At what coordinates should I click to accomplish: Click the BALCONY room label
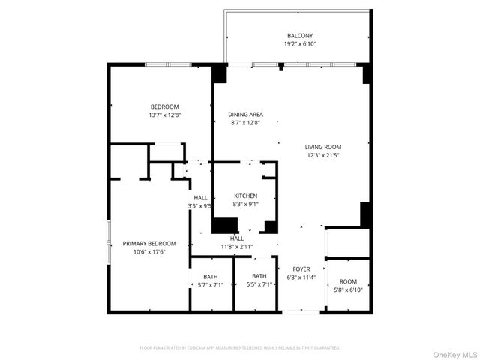pyautogui.click(x=299, y=36)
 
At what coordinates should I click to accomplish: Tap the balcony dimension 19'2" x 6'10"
pyautogui.click(x=299, y=44)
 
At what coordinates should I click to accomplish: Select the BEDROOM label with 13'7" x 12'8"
pyautogui.click(x=165, y=106)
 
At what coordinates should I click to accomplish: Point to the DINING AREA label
pyautogui.click(x=245, y=114)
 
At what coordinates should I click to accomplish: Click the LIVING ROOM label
pyautogui.click(x=323, y=147)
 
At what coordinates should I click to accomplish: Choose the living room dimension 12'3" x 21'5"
pyautogui.click(x=323, y=155)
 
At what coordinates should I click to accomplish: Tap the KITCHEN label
pyautogui.click(x=245, y=196)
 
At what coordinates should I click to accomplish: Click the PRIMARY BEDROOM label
pyautogui.click(x=149, y=243)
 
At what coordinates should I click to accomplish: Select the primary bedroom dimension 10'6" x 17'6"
pyautogui.click(x=149, y=251)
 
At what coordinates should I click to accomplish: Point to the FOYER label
pyautogui.click(x=301, y=268)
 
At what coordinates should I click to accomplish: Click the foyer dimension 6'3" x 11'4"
pyautogui.click(x=301, y=277)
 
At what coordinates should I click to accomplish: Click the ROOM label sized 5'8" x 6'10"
pyautogui.click(x=348, y=280)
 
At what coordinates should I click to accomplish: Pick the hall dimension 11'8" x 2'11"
pyautogui.click(x=236, y=246)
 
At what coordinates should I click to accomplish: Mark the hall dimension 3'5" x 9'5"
pyautogui.click(x=199, y=205)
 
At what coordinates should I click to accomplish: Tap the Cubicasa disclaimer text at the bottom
pyautogui.click(x=240, y=347)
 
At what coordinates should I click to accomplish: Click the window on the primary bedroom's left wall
pyautogui.click(x=109, y=241)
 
